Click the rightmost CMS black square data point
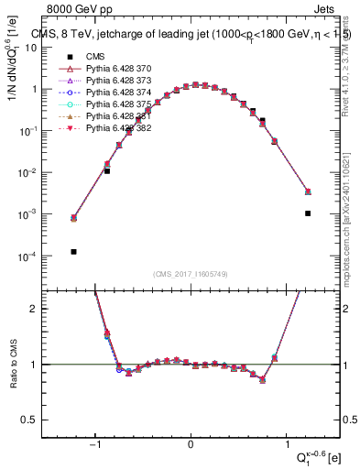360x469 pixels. pos(308,213)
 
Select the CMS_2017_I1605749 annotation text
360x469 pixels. pos(191,275)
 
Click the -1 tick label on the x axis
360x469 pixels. pos(95,446)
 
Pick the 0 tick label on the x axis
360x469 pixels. pos(191,446)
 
